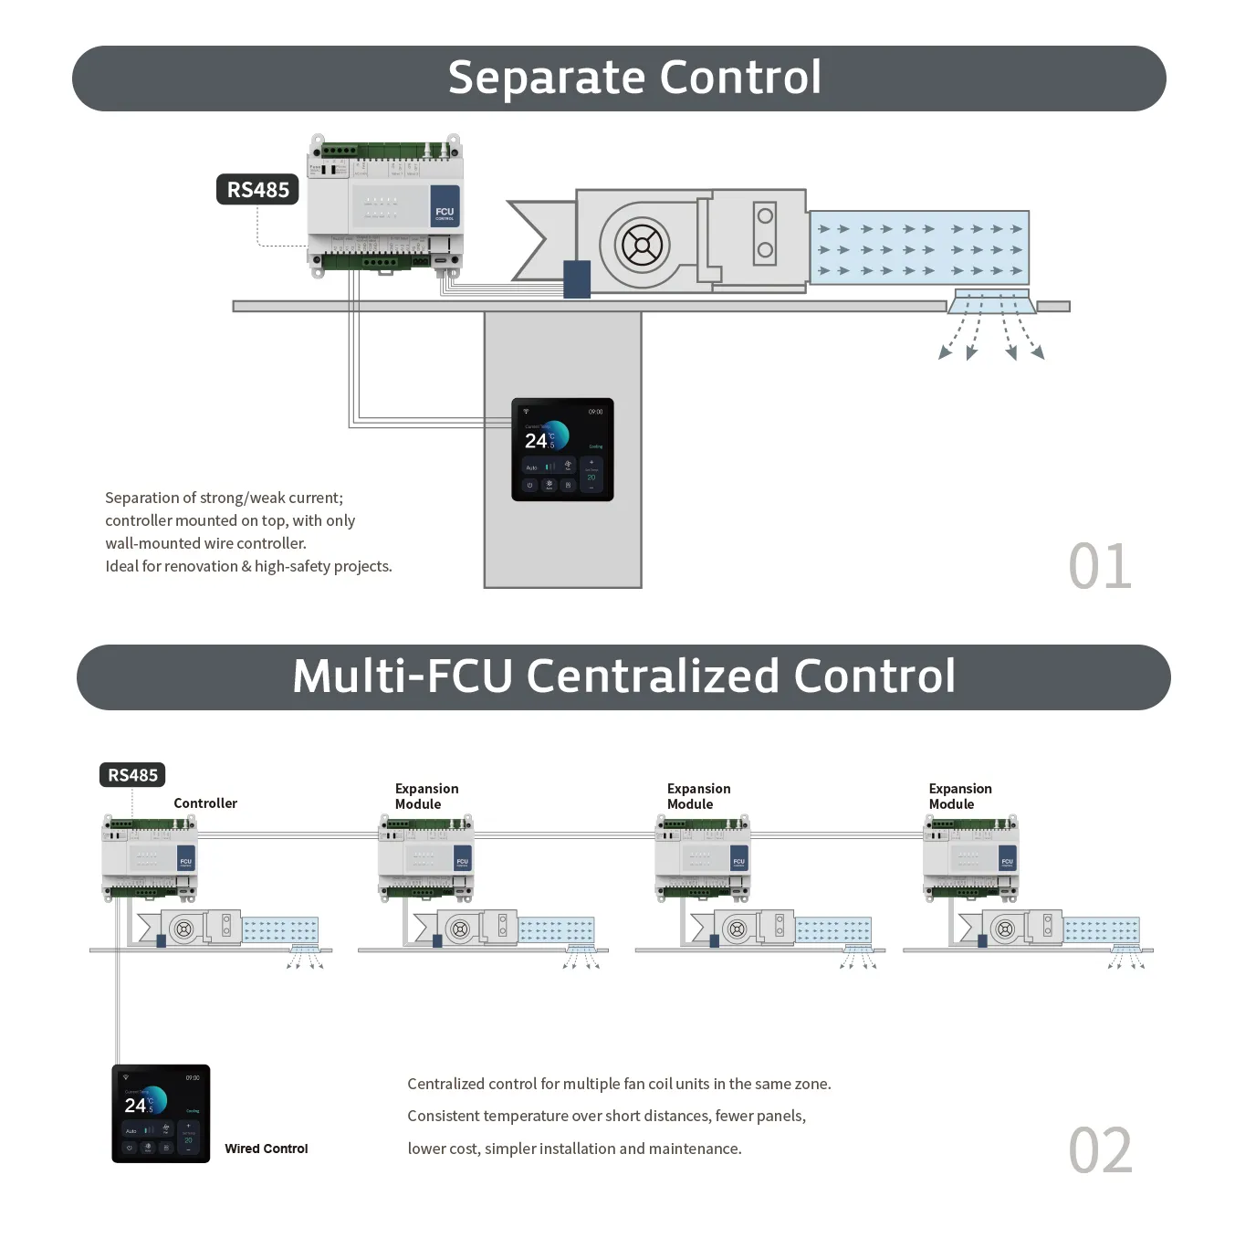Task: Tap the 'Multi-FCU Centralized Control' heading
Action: coord(623,677)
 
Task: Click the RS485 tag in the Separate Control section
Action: coord(257,190)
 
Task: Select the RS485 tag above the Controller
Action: coord(132,775)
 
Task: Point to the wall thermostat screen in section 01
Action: coord(562,449)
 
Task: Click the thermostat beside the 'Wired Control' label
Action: coord(161,1113)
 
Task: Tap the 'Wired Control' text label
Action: coord(266,1149)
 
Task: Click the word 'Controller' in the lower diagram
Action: coord(205,803)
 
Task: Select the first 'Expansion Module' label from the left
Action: coord(426,796)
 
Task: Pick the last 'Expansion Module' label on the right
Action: coord(959,796)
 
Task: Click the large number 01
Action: coord(1100,567)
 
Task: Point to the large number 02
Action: coord(1100,1150)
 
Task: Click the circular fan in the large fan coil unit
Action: coord(642,245)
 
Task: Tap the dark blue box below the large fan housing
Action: coord(577,279)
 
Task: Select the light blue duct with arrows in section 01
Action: coord(919,247)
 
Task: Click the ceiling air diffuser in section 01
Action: coord(991,302)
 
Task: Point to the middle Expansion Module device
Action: coord(702,857)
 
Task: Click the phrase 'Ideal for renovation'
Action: coord(172,566)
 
